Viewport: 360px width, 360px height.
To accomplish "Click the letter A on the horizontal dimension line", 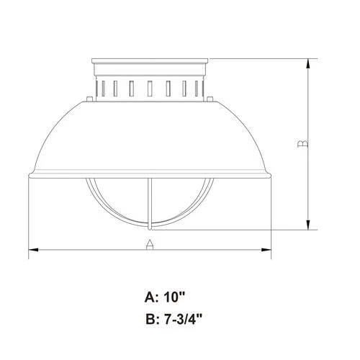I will click(x=149, y=243).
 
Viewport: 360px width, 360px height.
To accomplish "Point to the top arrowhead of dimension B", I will click(x=308, y=63).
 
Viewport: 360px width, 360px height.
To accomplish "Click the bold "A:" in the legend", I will click(x=153, y=297).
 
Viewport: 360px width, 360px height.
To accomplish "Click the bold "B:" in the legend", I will click(x=153, y=317).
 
